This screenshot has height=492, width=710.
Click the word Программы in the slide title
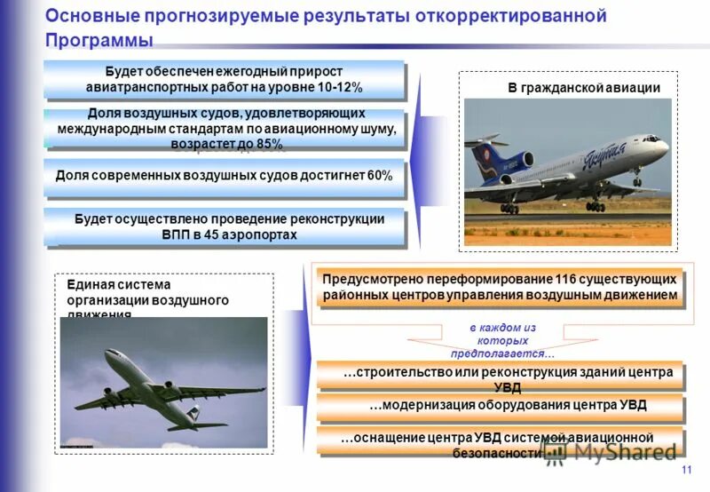pyautogui.click(x=99, y=41)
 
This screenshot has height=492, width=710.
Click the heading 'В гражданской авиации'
pyautogui.click(x=584, y=88)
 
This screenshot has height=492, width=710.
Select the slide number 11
pyautogui.click(x=686, y=470)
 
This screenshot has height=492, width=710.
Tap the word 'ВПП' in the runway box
pyautogui.click(x=176, y=234)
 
